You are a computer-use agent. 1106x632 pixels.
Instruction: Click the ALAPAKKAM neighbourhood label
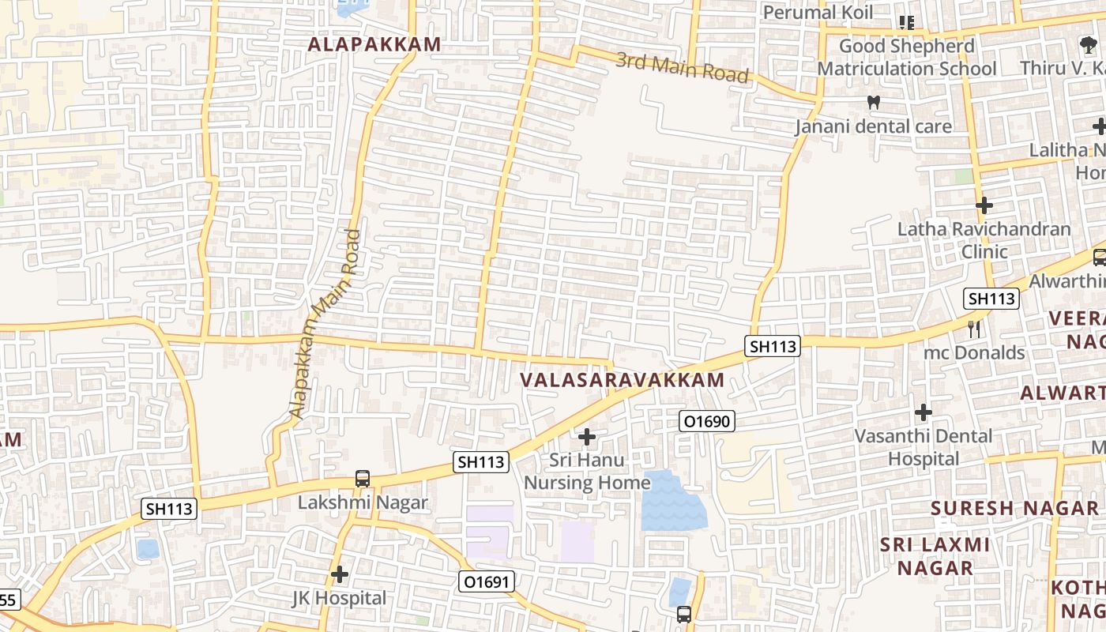point(374,44)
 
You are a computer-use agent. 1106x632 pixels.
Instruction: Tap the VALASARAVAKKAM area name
point(622,380)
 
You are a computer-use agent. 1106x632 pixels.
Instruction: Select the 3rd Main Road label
point(682,67)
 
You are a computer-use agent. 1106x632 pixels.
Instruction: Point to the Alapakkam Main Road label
point(325,324)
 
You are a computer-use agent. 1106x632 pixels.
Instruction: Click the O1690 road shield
point(707,422)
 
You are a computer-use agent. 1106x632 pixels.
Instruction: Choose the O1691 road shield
point(487,582)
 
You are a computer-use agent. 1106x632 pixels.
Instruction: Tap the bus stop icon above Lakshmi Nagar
point(363,478)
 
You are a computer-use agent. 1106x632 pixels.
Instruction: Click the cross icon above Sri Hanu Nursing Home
point(587,436)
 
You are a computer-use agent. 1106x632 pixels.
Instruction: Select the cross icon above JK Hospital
point(340,574)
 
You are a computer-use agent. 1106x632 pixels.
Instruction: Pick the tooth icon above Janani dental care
point(873,102)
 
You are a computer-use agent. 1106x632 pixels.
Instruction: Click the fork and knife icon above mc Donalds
point(974,327)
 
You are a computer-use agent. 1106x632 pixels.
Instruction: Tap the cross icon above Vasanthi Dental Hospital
point(923,412)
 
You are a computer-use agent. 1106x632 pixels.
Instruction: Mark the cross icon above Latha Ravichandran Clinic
point(984,205)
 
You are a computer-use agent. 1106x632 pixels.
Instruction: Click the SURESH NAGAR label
point(1014,508)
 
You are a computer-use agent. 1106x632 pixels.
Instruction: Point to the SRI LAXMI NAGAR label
point(935,556)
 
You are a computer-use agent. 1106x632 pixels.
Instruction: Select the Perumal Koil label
point(818,13)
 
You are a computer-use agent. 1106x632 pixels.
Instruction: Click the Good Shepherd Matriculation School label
point(906,58)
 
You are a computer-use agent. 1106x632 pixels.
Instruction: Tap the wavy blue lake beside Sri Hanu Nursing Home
point(673,502)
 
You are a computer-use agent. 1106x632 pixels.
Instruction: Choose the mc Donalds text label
point(974,352)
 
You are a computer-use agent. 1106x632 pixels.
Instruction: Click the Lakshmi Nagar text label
point(363,502)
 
